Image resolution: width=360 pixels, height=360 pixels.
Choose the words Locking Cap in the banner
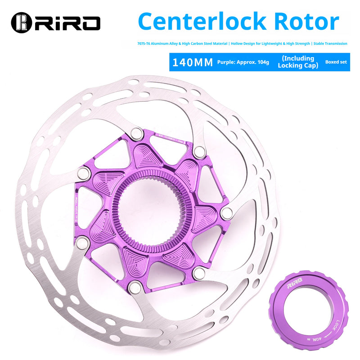pyautogui.click(x=297, y=66)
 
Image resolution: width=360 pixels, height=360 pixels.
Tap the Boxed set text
pyautogui.click(x=336, y=62)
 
